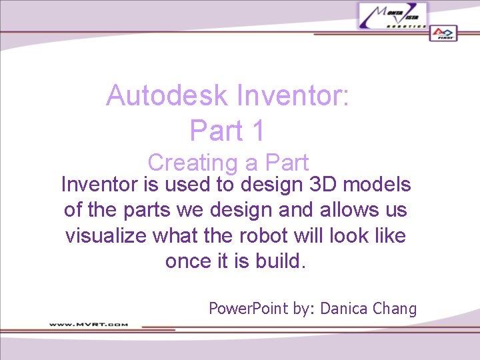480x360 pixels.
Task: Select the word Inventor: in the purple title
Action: pos(293,96)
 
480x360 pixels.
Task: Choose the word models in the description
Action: pos(379,185)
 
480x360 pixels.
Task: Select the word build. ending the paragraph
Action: pos(280,261)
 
